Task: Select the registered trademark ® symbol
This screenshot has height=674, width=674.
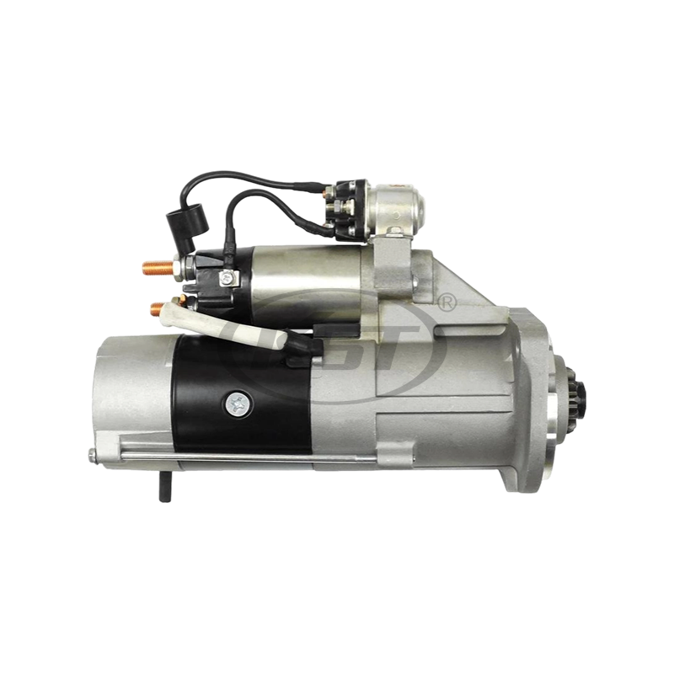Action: click(x=448, y=299)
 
